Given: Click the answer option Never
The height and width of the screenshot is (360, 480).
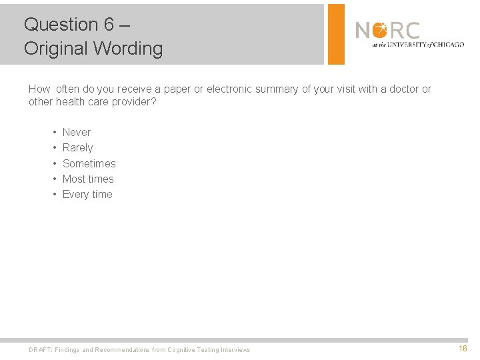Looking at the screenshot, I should click(76, 132).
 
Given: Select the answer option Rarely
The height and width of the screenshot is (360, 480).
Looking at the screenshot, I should click(77, 147).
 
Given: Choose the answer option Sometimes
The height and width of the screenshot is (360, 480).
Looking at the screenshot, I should click(89, 163).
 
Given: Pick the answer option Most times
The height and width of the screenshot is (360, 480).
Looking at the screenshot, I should click(88, 179).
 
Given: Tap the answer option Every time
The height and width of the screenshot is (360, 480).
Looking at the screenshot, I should click(87, 194).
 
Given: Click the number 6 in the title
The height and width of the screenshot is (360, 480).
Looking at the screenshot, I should click(109, 25).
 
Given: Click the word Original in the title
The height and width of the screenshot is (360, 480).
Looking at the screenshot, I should click(56, 49).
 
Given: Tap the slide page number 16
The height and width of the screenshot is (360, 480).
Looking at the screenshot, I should click(463, 349).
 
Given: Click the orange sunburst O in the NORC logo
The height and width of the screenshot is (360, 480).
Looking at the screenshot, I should click(379, 30).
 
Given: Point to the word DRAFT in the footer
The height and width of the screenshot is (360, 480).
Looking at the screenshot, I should click(39, 349).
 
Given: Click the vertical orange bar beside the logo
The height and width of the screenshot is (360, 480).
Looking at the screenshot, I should click(337, 34).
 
